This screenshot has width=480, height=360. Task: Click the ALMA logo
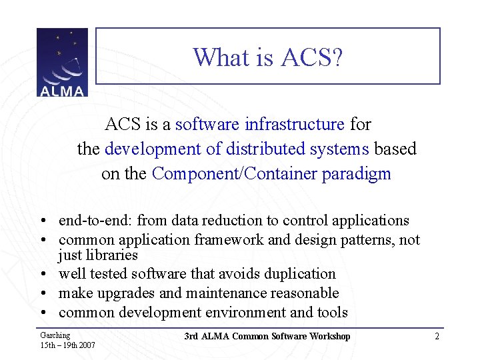click(62, 62)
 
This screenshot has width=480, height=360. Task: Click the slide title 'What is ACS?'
click(268, 57)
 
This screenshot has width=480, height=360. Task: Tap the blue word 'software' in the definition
click(207, 124)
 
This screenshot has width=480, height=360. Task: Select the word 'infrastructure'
click(294, 124)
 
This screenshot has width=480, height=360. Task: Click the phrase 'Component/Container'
click(235, 173)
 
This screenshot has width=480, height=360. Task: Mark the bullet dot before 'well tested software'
click(42, 274)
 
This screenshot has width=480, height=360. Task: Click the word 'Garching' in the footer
click(55, 335)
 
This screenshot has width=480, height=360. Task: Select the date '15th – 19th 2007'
click(67, 345)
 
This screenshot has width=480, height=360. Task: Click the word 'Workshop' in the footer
click(328, 336)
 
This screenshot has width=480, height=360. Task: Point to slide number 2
click(437, 336)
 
